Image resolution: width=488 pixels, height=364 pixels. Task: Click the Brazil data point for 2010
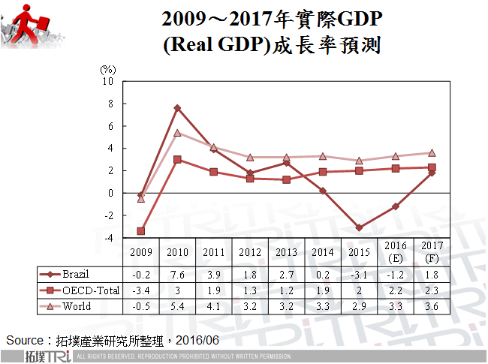click(177, 108)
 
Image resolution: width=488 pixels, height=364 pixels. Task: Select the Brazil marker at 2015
click(360, 227)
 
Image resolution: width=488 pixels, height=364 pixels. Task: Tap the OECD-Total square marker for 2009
click(140, 231)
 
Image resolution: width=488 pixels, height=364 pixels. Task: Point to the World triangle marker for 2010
click(177, 133)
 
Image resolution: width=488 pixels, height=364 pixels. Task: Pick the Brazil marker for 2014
click(323, 191)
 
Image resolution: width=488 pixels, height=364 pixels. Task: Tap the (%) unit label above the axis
click(108, 69)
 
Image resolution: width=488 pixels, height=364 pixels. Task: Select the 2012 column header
click(250, 252)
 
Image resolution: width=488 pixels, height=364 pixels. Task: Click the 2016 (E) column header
click(396, 252)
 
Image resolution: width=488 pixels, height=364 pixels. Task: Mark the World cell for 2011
click(213, 306)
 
